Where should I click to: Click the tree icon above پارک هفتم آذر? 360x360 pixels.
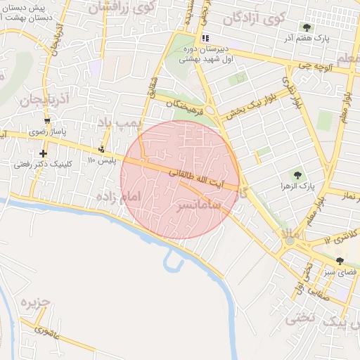(307, 27)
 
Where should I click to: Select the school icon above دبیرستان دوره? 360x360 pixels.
(205, 38)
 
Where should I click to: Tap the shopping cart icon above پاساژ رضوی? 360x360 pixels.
(47, 121)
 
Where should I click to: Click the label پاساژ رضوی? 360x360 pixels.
(47, 131)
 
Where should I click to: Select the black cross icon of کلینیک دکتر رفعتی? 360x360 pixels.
(44, 153)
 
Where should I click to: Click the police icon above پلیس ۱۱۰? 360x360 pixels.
(103, 149)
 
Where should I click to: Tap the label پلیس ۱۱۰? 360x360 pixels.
(101, 160)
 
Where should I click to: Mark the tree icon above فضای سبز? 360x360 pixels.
(340, 261)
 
